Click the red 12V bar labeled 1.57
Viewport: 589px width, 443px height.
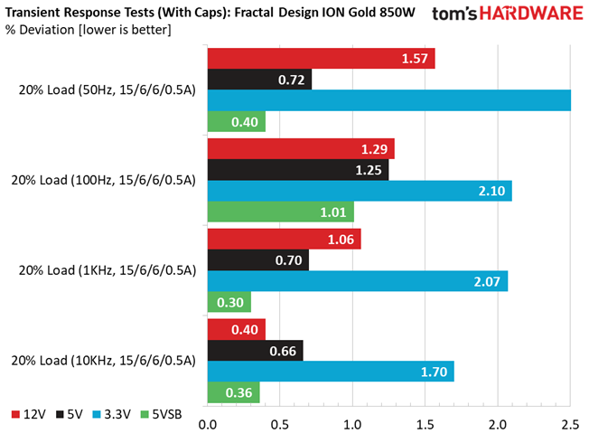321,59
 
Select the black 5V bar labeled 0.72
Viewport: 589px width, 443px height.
259,80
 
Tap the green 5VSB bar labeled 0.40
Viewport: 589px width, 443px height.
237,122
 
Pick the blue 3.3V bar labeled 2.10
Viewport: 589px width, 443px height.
360,191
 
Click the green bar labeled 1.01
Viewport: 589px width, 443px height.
280,212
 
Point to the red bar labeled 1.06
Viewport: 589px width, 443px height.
284,239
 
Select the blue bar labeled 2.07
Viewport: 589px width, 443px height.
358,281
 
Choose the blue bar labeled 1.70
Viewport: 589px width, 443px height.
331,372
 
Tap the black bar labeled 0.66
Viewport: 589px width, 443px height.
256,350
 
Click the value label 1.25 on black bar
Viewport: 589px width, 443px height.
368,170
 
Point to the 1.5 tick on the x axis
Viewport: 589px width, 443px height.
425,424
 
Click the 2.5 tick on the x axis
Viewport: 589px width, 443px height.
571,424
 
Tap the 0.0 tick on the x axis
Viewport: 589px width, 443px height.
208,424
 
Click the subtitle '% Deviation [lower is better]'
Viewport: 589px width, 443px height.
88,30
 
